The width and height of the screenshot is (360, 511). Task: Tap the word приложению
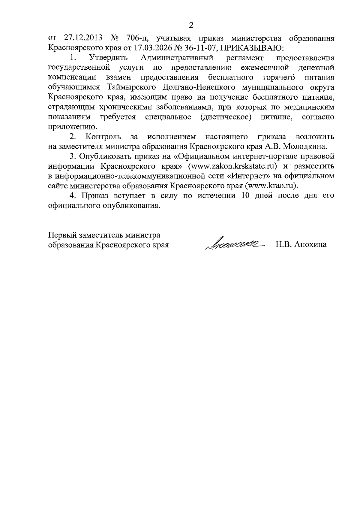[x=70, y=127]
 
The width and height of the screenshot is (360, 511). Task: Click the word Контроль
[x=103, y=137]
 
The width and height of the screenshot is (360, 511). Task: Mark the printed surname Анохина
[x=310, y=245]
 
